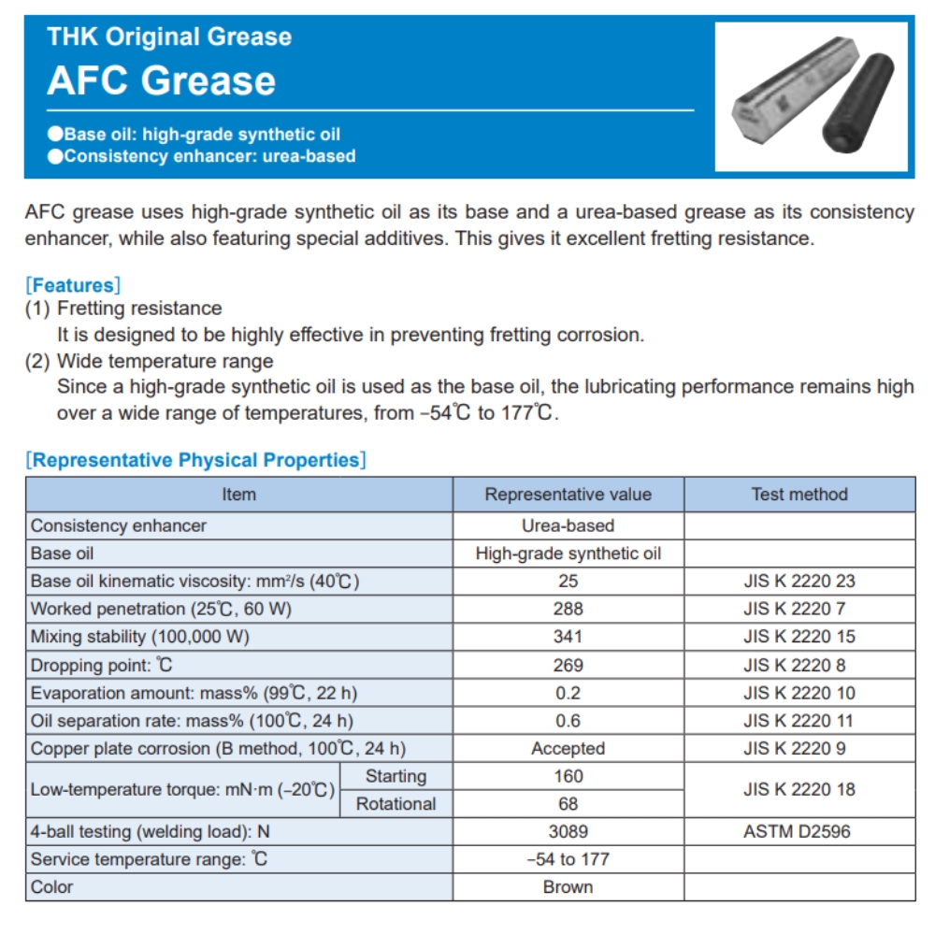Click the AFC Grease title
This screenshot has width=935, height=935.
pos(162,80)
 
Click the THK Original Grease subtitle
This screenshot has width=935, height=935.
pos(169,37)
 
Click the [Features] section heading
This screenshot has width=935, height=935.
pos(73,285)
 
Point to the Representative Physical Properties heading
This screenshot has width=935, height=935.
pos(195,460)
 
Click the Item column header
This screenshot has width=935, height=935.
pos(238,495)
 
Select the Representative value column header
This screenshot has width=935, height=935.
pos(568,495)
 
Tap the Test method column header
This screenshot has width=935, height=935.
pos(799,495)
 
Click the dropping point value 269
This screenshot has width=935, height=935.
pos(568,665)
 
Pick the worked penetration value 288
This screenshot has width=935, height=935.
pos(568,609)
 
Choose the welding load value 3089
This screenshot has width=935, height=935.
pos(568,830)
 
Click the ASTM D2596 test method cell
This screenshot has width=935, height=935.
pos(798,830)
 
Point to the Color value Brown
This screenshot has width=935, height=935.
pos(568,886)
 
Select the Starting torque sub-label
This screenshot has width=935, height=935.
pos(396,776)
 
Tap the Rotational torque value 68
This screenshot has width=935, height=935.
pos(568,803)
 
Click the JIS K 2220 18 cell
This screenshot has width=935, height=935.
pos(798,789)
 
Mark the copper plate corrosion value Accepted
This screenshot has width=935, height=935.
pos(568,748)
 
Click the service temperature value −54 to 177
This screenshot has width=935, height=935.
pos(568,858)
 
